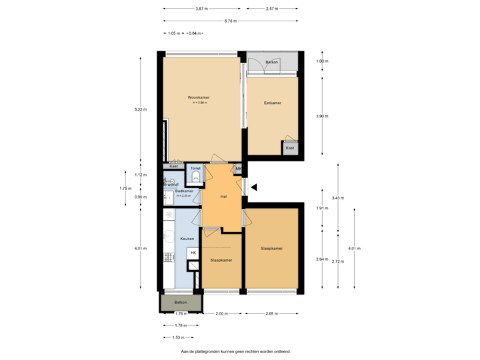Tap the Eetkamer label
click(272, 103)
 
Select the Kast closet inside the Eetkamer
click(290, 148)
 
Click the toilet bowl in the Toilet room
click(196, 177)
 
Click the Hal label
click(224, 196)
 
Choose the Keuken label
click(186, 238)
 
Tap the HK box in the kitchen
click(193, 253)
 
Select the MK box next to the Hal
click(238, 169)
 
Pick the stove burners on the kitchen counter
click(168, 214)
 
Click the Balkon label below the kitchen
click(181, 302)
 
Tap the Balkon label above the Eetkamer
click(271, 62)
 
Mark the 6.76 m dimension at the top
click(230, 21)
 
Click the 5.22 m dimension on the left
click(141, 109)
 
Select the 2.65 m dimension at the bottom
click(271, 313)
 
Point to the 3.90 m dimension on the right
click(322, 116)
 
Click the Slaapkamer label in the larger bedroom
click(271, 249)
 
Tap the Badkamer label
click(184, 191)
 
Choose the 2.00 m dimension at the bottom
click(221, 313)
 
